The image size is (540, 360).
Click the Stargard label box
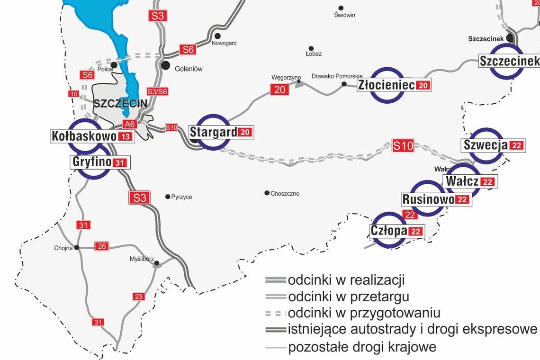click(x=221, y=132)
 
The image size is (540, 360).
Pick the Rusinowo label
click(x=436, y=199)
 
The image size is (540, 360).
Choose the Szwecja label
click(x=493, y=145)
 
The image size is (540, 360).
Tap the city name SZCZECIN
click(x=120, y=104)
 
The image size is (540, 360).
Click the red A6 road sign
click(x=129, y=124)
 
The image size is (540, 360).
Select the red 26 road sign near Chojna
click(x=101, y=246)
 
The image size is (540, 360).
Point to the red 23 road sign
click(x=138, y=297)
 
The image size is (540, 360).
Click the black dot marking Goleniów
click(x=165, y=65)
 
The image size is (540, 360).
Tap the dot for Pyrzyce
click(x=167, y=197)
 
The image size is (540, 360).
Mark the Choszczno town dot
click(x=267, y=193)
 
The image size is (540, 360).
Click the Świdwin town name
click(x=344, y=15)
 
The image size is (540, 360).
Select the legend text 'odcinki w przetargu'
click(x=348, y=297)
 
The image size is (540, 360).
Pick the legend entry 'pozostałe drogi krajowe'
click(x=362, y=347)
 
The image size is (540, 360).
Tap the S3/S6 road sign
click(x=157, y=91)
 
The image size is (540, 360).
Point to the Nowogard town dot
click(x=217, y=36)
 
